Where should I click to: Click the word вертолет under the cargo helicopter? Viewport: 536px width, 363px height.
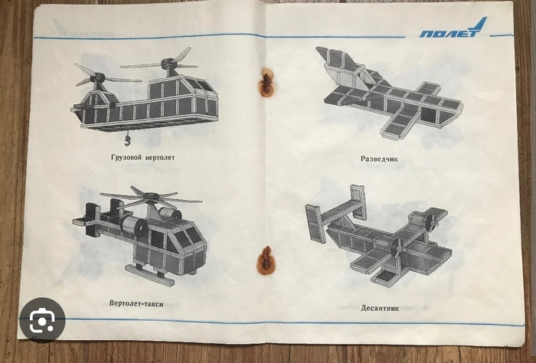[x=160, y=158]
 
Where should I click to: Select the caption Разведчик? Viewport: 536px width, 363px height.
[x=379, y=159]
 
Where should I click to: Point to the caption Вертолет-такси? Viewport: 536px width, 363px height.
[x=136, y=303]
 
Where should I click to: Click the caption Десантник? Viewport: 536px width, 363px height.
[x=380, y=308]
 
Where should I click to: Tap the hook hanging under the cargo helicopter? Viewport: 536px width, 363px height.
[x=128, y=139]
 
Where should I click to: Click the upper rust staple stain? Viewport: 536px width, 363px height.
[x=266, y=82]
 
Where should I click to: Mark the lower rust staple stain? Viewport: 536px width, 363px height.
[x=266, y=261]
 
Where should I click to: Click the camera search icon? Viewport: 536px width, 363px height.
[x=42, y=320]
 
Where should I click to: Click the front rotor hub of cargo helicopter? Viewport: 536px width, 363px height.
[x=97, y=78]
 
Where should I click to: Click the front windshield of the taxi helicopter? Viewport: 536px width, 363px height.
[x=188, y=236]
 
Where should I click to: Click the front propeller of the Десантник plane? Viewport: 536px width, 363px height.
[x=399, y=248]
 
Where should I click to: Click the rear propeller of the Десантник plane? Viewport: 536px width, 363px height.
[x=433, y=222]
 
